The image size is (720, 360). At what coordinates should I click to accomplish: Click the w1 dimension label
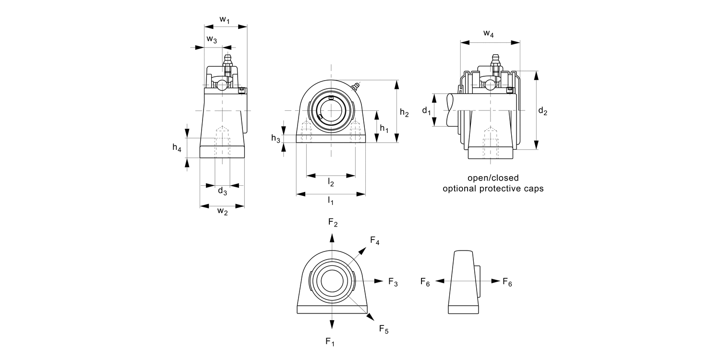coord(225,20)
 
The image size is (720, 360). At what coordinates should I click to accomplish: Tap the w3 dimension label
coord(212,39)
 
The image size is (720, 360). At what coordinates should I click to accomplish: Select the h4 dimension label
coord(177,148)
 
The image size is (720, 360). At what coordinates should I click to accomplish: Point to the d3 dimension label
coord(222,191)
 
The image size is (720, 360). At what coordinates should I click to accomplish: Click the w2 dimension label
coord(222,211)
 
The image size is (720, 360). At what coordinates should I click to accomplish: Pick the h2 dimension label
coord(404,113)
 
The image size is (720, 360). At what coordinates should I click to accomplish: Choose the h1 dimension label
coord(384,128)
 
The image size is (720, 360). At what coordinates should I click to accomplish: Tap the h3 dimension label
coord(276,139)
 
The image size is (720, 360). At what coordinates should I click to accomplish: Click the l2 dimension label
coord(331,182)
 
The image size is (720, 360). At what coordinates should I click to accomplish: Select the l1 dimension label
coord(331,200)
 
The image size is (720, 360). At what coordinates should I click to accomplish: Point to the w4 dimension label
coord(489,34)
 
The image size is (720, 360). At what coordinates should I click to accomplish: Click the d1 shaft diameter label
coord(426,111)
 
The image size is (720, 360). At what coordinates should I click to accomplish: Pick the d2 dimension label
coord(542,111)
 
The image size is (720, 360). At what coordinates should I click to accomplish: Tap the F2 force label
coord(333,222)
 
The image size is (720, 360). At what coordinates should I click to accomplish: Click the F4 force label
coord(375,241)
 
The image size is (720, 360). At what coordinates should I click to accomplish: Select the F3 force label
coord(393,282)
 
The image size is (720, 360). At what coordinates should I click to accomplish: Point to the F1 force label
coord(330,342)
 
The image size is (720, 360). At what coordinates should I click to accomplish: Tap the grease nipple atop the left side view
coord(227,61)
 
